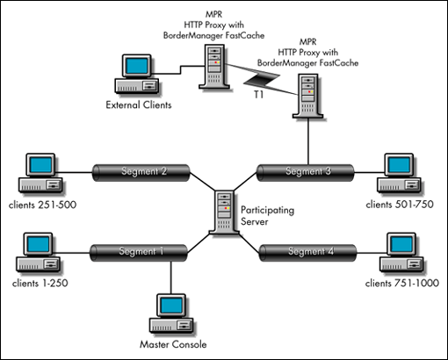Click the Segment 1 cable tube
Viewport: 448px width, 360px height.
[139, 253]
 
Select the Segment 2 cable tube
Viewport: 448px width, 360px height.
[141, 173]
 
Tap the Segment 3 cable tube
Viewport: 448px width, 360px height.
[306, 173]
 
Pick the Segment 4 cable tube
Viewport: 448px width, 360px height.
[308, 253]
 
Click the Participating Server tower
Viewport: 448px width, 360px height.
[224, 212]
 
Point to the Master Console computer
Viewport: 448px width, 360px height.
[171, 313]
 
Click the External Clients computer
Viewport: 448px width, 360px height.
[137, 75]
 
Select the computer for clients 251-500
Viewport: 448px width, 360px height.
[40, 173]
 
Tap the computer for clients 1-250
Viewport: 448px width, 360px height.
[39, 253]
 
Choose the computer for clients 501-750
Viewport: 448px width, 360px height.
[399, 173]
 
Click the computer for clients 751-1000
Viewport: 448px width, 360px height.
[401, 253]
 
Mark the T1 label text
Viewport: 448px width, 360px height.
[258, 95]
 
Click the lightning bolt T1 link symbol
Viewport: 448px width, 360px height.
[262, 79]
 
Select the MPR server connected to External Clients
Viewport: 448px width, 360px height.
[214, 67]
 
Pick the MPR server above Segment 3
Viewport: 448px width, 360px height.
[307, 96]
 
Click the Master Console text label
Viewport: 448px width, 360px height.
[173, 344]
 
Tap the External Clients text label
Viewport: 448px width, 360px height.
[139, 104]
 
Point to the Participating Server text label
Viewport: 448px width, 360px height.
[267, 216]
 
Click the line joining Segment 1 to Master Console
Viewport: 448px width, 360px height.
[171, 277]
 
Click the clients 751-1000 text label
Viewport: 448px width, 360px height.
[402, 283]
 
